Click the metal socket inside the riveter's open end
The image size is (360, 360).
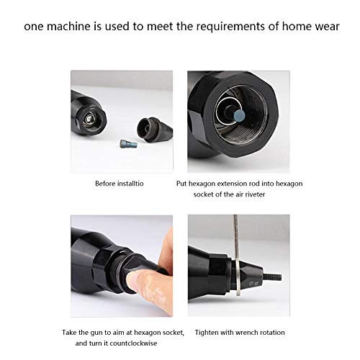pyautogui.click(x=89, y=120)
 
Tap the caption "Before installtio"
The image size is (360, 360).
pyautogui.click(x=120, y=184)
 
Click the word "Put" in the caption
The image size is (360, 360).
pyautogui.click(x=183, y=184)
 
